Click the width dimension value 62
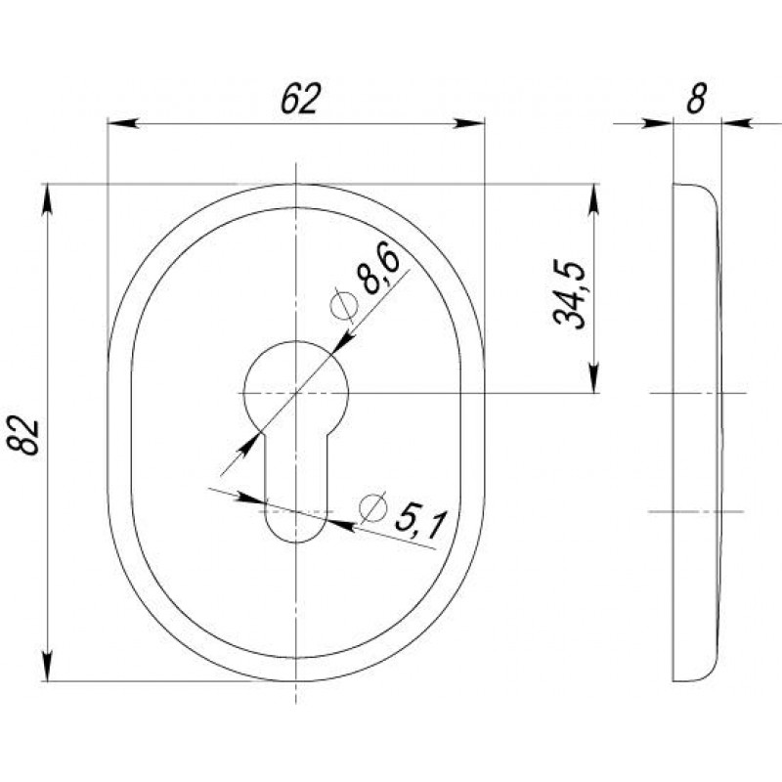pyautogui.click(x=299, y=99)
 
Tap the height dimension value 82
pyautogui.click(x=23, y=437)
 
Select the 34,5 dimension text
pyautogui.click(x=569, y=294)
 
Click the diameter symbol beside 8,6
pyautogui.click(x=344, y=304)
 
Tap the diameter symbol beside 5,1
pyautogui.click(x=373, y=507)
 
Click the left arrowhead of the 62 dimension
pyautogui.click(x=123, y=123)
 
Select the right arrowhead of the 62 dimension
pyautogui.click(x=469, y=123)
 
